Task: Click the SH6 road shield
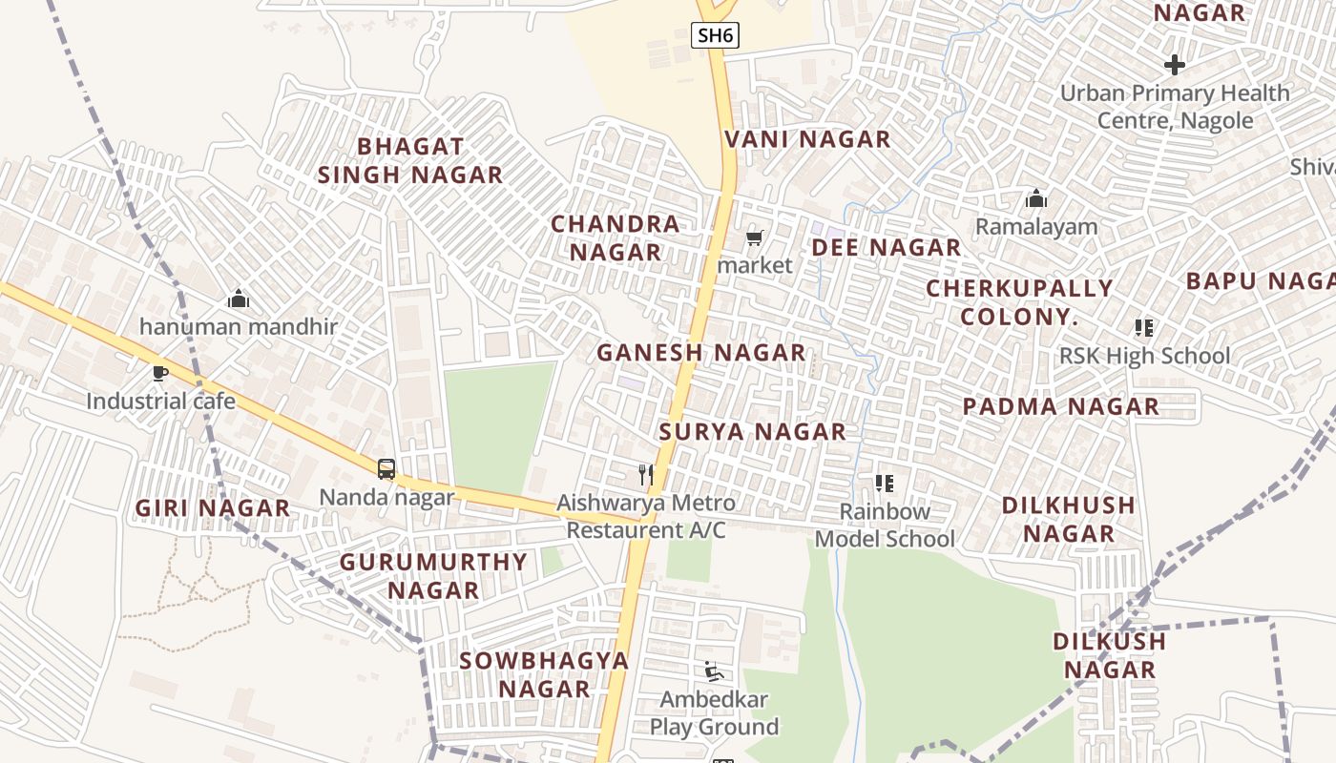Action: tap(715, 36)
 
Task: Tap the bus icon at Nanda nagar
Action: tap(386, 468)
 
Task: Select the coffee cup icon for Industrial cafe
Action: tap(160, 372)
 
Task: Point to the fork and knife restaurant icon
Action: tap(647, 473)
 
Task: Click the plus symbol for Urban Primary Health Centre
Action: tap(1175, 65)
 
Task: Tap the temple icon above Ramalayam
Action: tap(1036, 198)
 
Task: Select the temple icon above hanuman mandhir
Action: tap(239, 299)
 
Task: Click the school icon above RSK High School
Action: tap(1144, 328)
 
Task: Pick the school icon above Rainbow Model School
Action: tap(885, 484)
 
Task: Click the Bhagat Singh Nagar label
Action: tap(410, 160)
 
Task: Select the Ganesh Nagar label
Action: tap(701, 353)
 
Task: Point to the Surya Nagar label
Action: tap(753, 432)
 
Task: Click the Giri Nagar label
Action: tap(213, 508)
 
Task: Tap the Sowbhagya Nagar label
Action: tap(544, 674)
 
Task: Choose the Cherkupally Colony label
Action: tap(1019, 302)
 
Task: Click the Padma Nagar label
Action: tap(1061, 406)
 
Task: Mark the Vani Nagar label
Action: tap(807, 139)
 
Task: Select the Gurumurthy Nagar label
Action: tap(434, 576)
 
